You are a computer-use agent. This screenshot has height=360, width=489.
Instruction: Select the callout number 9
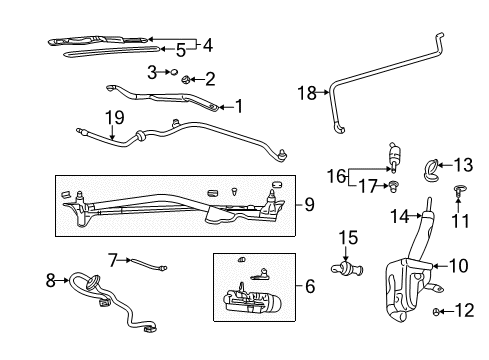[309, 205]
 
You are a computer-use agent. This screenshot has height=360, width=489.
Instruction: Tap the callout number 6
[310, 286]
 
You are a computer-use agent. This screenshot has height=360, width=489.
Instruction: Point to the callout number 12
[466, 311]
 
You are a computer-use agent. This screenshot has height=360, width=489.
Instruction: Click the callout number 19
[115, 118]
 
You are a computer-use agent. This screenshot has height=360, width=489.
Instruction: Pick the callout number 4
[207, 44]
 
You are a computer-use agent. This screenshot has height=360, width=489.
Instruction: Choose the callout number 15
[348, 237]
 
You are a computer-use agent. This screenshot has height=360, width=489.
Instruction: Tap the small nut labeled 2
[186, 79]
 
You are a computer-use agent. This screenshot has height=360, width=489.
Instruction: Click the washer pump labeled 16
[394, 158]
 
